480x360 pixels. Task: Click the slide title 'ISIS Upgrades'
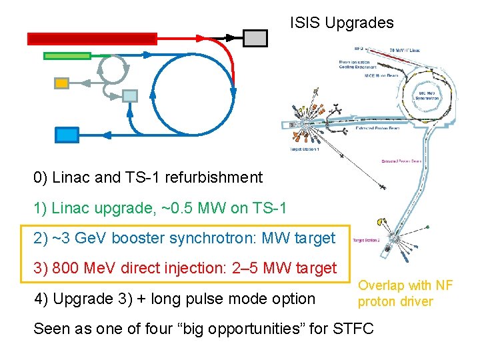point(341,23)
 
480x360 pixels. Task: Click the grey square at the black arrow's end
point(255,38)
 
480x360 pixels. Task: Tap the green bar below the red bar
point(67,55)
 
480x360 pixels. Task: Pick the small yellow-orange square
point(61,83)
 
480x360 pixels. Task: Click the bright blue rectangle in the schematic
point(67,135)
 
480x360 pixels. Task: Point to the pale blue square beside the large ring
point(129,96)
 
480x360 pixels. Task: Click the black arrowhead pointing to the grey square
point(231,37)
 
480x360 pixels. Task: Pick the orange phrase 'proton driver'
point(395,301)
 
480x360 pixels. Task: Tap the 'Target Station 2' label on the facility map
point(367,240)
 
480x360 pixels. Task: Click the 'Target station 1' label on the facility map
point(305,150)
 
